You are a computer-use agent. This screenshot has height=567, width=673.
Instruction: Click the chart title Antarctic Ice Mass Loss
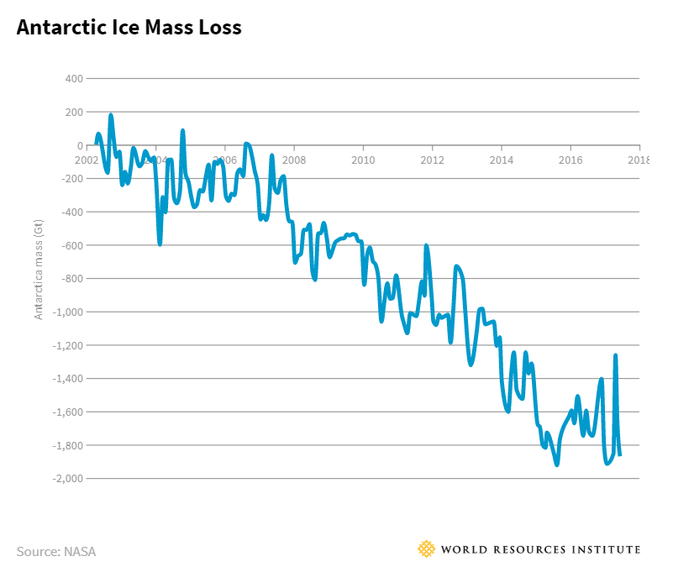pos(129,28)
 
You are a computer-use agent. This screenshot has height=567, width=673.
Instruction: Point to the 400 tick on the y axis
pos(73,79)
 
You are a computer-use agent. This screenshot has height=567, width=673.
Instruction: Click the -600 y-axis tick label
pos(71,245)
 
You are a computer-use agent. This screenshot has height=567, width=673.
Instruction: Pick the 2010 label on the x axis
pos(363,160)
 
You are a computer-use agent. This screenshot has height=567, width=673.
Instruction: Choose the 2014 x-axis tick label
pos(502,160)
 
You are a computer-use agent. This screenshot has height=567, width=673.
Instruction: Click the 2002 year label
pos(87,160)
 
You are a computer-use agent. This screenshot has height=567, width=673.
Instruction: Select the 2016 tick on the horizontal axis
pos(571,160)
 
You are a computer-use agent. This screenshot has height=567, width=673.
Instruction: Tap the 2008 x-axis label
pos(293,160)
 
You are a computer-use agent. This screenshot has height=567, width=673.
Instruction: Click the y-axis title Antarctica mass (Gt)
pos(38,265)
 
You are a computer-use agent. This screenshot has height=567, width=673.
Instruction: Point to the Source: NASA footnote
pos(56,552)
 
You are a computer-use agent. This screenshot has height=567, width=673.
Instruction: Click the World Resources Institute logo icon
pos(427,549)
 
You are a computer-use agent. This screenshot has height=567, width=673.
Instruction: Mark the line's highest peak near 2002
pos(111,115)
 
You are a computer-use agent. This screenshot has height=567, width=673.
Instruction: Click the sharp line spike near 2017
pos(616,355)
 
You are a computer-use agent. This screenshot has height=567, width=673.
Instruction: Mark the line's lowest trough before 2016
pos(556,464)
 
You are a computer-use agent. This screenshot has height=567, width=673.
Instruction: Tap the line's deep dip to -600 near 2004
pos(160,244)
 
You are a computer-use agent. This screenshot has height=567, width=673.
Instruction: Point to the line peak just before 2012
pos(427,246)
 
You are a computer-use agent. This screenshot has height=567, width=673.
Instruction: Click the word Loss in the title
pos(219,28)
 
